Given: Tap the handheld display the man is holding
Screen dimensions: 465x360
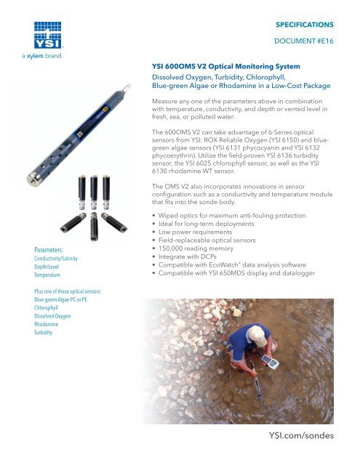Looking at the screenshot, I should coord(273,360).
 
